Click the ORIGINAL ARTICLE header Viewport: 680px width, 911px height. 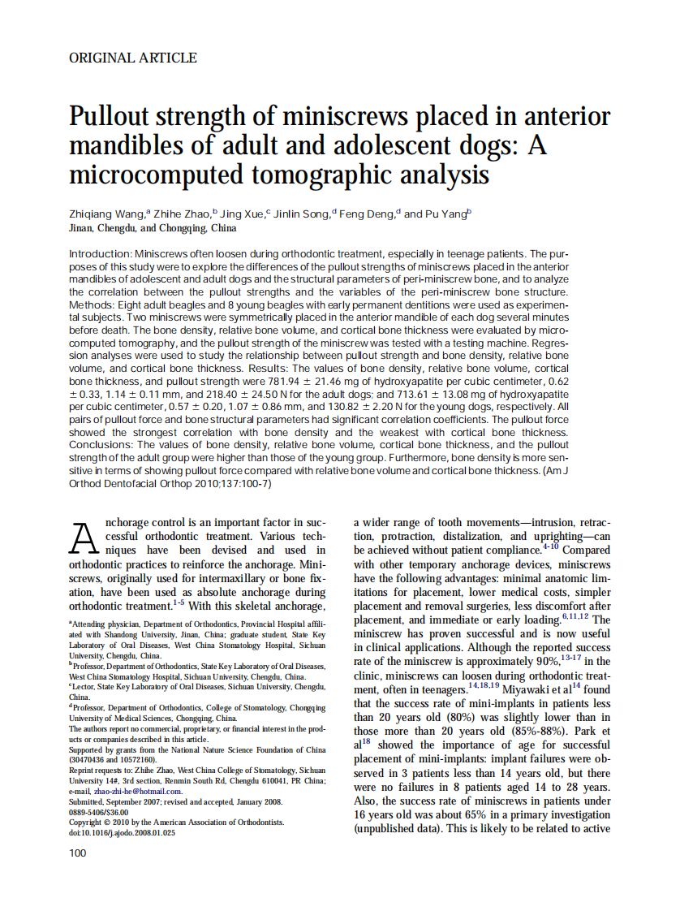[x=133, y=58]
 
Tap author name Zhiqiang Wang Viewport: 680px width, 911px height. [x=105, y=214]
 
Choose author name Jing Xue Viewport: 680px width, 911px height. [x=241, y=214]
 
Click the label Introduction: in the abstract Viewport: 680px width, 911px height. [x=101, y=254]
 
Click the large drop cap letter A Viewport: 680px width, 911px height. [x=84, y=537]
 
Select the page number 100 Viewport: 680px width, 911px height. [x=78, y=853]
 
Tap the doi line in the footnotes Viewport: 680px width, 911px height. [x=122, y=832]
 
